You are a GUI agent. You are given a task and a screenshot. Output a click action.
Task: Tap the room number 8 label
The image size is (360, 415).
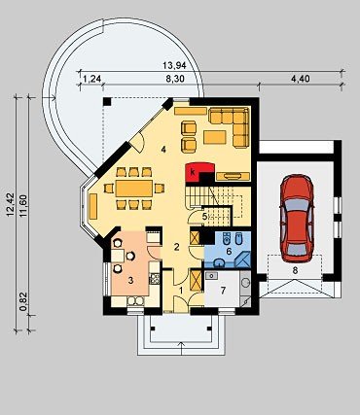pos(295,270)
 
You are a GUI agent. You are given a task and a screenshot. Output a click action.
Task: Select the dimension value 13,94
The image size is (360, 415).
pos(174,65)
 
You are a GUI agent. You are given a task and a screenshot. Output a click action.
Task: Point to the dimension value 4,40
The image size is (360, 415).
pos(300,79)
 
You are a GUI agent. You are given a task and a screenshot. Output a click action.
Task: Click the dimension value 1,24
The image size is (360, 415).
pos(92,79)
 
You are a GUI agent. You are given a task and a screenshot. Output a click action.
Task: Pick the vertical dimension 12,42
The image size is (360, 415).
pos(10,204)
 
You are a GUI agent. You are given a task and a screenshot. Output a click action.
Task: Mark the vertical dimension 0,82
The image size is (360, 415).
pos(22,302)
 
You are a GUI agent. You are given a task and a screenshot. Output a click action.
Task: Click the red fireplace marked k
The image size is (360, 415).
pos(199,173)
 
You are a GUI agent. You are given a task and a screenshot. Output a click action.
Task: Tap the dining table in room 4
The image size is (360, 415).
pos(134,189)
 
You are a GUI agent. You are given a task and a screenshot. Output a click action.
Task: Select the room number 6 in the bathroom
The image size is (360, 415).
pos(229,251)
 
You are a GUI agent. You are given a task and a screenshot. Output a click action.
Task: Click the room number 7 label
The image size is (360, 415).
pos(223,291)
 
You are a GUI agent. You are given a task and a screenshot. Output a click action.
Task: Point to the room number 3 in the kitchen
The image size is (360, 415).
pos(130,281)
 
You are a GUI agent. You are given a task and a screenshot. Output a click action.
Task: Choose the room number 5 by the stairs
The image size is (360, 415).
pos(204,216)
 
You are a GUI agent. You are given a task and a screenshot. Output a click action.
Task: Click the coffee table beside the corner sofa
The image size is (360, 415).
pos(215,137)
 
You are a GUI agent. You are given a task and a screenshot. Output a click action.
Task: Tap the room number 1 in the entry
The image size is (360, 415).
pos(181,290)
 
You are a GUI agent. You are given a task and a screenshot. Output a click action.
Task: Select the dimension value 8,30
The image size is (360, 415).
pos(175,79)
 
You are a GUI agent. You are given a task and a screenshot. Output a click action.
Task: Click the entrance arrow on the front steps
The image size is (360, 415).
pos(181,348)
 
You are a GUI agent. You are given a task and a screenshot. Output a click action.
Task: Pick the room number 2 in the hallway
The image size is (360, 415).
pos(177,247)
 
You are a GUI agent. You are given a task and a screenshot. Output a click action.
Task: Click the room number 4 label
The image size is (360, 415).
pos(163,150)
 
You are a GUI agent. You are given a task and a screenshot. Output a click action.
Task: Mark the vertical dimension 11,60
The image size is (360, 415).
pos(23,206)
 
